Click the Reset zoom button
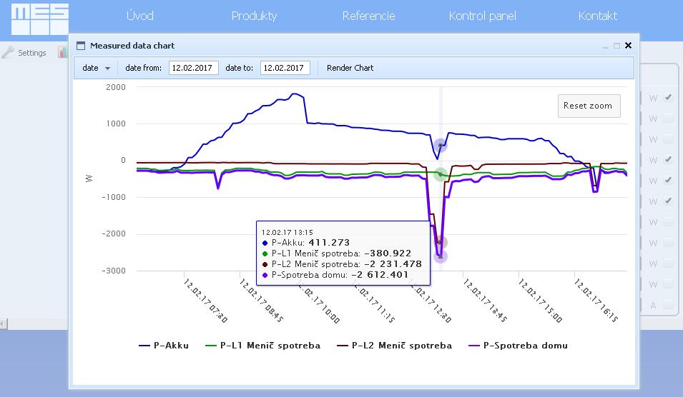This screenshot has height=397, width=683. pos(588,106)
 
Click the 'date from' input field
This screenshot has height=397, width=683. pos(193,68)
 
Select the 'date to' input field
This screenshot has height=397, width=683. pos(285,68)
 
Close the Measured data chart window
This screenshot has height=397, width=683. pos(628,46)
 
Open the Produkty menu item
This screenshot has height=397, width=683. pos(254,16)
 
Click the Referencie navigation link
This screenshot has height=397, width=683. pos(368,16)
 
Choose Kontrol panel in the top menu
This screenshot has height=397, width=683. pos(482,16)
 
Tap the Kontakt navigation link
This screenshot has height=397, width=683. pos(597,16)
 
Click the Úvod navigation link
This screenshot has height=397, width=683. pos(139,16)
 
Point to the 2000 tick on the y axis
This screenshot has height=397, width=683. pos(115,87)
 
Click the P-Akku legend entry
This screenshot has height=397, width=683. pos(164,346)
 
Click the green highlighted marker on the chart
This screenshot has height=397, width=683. pos(441,174)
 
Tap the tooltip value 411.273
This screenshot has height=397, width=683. pos(329,243)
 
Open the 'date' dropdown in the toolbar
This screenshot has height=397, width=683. pos(97,68)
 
